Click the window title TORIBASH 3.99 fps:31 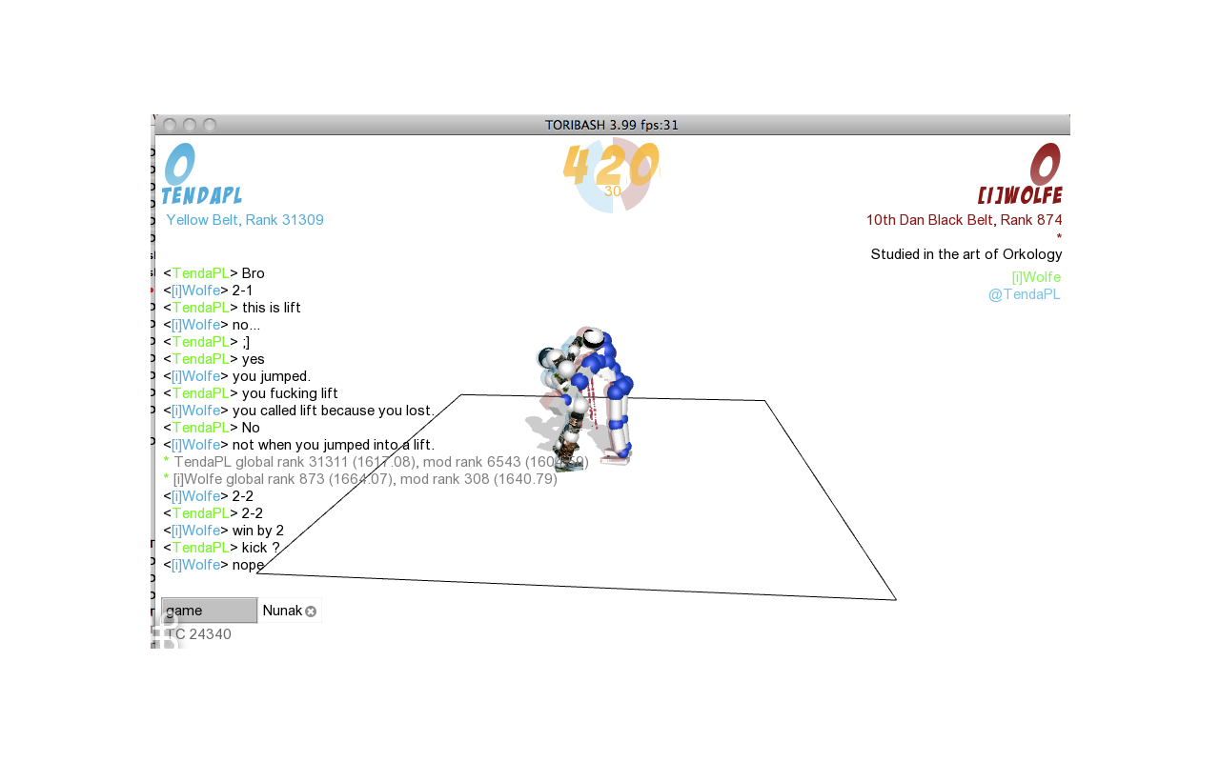(x=612, y=125)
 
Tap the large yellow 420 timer (x=611, y=165)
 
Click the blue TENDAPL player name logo (x=201, y=195)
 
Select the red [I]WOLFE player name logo (x=1020, y=195)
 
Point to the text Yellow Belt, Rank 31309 (x=245, y=220)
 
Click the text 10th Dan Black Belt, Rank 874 (x=964, y=220)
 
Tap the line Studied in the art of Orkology (x=966, y=254)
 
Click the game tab (x=209, y=611)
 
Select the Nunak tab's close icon (x=311, y=612)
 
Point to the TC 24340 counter (x=199, y=634)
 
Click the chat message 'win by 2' (x=257, y=531)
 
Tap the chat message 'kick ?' (x=260, y=548)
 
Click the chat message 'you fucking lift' (x=289, y=393)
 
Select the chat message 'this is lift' (x=272, y=308)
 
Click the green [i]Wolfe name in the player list (x=1036, y=277)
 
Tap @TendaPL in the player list (x=1024, y=294)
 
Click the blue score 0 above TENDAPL (x=180, y=164)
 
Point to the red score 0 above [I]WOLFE (x=1045, y=164)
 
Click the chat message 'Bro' (x=253, y=273)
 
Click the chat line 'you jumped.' (x=272, y=376)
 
